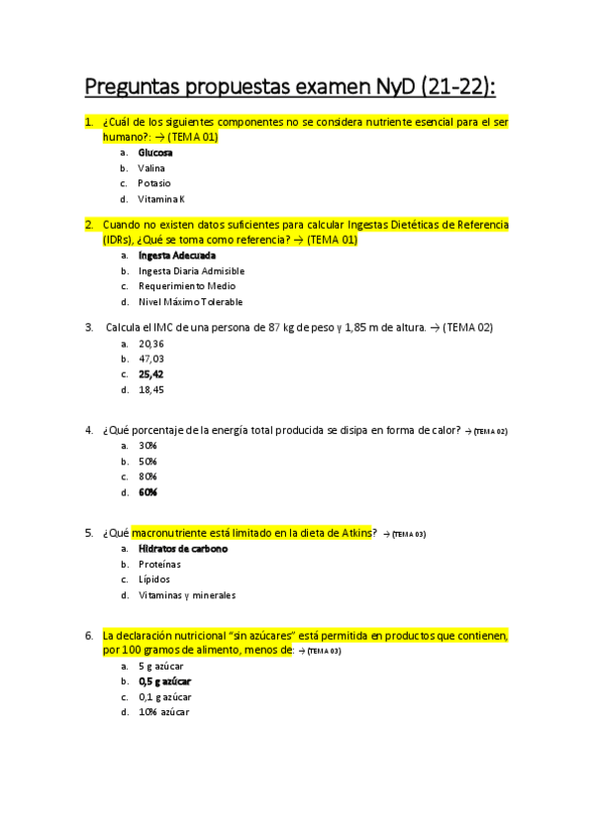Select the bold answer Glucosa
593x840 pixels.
pos(155,153)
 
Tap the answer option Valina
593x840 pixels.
pos(151,168)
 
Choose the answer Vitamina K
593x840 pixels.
pos(161,199)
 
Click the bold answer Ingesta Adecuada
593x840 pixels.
pos(177,256)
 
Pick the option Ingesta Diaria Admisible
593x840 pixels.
pos(191,270)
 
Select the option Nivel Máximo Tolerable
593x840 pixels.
pos(190,302)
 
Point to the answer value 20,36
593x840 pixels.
pos(151,343)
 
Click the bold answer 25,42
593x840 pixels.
pos(151,374)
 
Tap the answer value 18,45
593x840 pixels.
pos(151,389)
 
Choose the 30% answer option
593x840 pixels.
pos(148,446)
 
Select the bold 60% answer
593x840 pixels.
pos(148,492)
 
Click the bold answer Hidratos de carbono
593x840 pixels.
pos(183,549)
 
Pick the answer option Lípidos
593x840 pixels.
pos(154,579)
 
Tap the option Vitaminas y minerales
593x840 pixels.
pos(187,595)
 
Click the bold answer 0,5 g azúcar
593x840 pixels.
pos(165,682)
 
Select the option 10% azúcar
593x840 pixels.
pos(163,712)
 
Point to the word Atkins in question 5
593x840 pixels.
pos(352,533)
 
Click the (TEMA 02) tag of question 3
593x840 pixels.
pos(468,327)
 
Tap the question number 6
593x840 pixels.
pos(89,636)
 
